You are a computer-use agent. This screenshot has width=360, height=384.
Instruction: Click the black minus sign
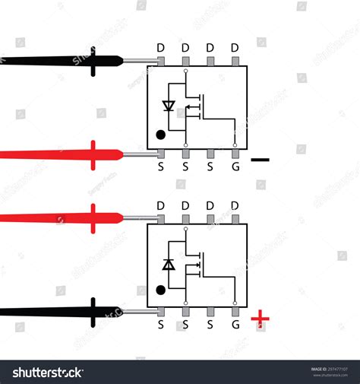[260, 160]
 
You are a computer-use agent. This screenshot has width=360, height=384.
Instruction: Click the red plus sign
[261, 318]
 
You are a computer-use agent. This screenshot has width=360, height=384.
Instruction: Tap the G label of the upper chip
[235, 164]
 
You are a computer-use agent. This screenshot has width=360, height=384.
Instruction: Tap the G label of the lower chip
[235, 324]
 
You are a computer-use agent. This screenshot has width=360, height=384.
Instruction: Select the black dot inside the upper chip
[161, 135]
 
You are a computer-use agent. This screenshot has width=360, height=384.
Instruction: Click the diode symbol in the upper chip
[170, 106]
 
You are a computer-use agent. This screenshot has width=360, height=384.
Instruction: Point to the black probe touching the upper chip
[61, 60]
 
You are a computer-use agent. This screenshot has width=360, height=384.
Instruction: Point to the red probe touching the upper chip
[61, 154]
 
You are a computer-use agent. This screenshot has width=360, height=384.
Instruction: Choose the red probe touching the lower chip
[61, 218]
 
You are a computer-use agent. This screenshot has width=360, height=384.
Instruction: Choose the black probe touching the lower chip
[61, 312]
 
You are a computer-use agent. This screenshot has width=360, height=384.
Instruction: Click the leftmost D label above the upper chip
[161, 47]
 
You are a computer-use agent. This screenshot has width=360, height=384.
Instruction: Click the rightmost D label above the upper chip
[235, 47]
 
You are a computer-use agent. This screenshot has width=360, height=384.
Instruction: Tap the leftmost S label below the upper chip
[161, 164]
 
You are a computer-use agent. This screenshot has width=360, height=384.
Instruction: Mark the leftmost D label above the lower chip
[161, 205]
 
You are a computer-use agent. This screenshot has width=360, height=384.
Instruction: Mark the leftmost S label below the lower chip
[161, 324]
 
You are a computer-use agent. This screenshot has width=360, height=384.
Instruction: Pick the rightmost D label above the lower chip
[235, 205]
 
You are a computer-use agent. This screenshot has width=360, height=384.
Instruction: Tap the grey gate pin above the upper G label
[235, 151]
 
